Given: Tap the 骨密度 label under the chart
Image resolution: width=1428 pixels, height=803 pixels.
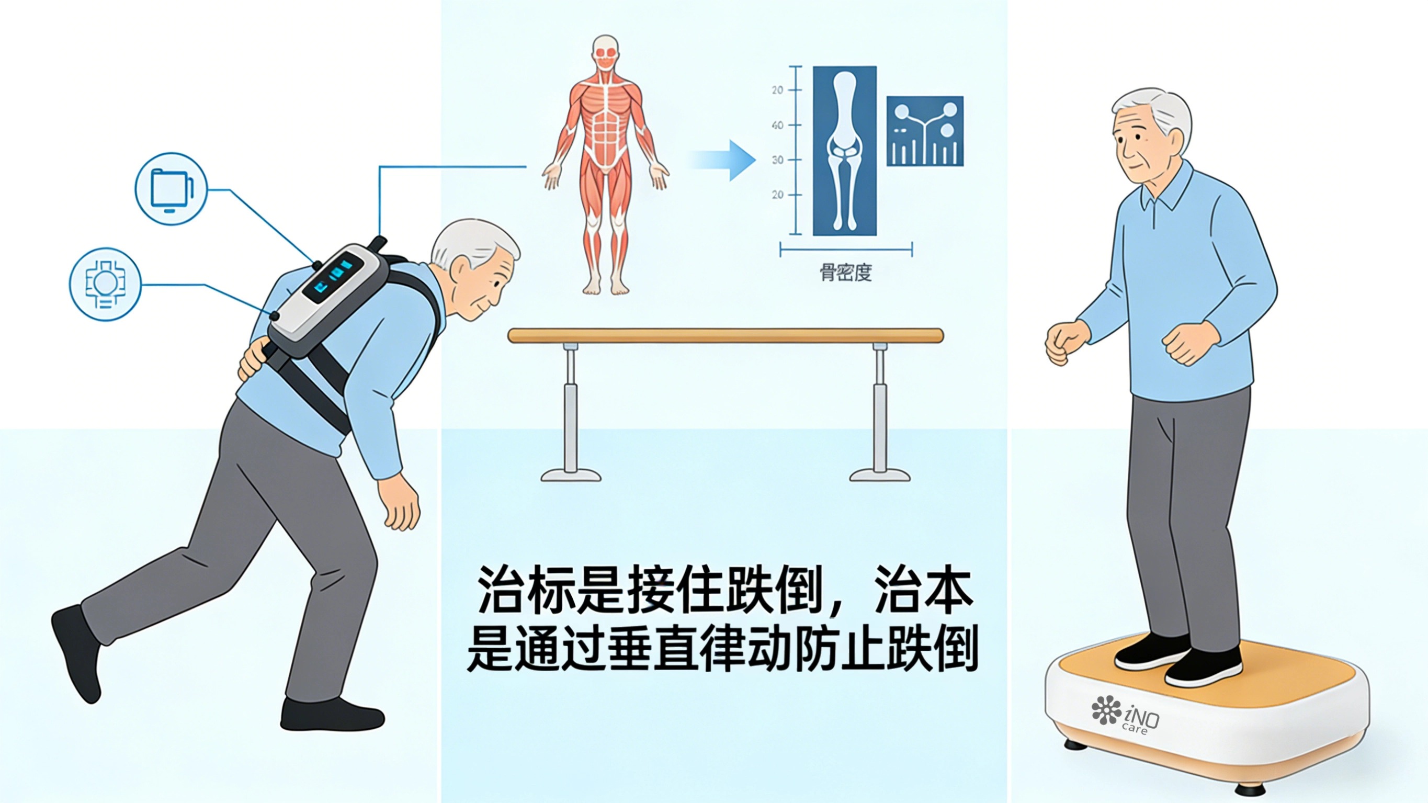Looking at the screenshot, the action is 846,273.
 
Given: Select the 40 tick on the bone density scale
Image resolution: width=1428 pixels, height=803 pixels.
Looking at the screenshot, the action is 778,126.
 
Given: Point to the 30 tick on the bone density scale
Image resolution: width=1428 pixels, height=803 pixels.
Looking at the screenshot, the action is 778,160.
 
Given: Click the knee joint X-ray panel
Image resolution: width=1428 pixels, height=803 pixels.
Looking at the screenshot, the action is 844,151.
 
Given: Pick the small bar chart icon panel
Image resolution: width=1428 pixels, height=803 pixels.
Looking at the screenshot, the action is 925,131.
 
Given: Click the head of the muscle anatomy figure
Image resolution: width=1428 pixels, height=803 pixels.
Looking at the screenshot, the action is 605,53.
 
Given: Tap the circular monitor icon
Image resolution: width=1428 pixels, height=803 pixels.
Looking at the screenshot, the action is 171,189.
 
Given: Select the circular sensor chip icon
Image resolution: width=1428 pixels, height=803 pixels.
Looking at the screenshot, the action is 105,284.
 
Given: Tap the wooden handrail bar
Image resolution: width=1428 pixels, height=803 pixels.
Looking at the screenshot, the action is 726,335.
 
